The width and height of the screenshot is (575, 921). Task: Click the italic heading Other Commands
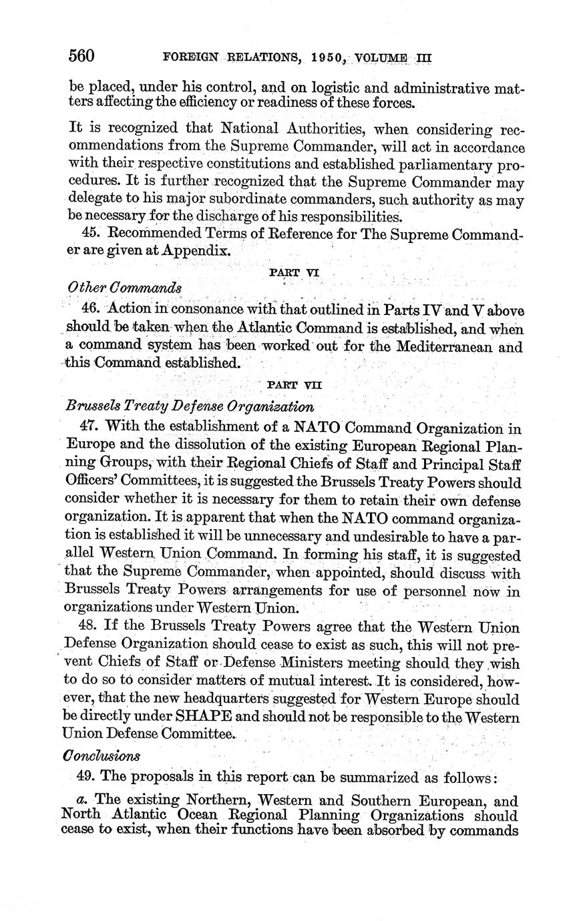point(124,287)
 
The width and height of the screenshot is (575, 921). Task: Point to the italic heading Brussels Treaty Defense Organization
point(190,406)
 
